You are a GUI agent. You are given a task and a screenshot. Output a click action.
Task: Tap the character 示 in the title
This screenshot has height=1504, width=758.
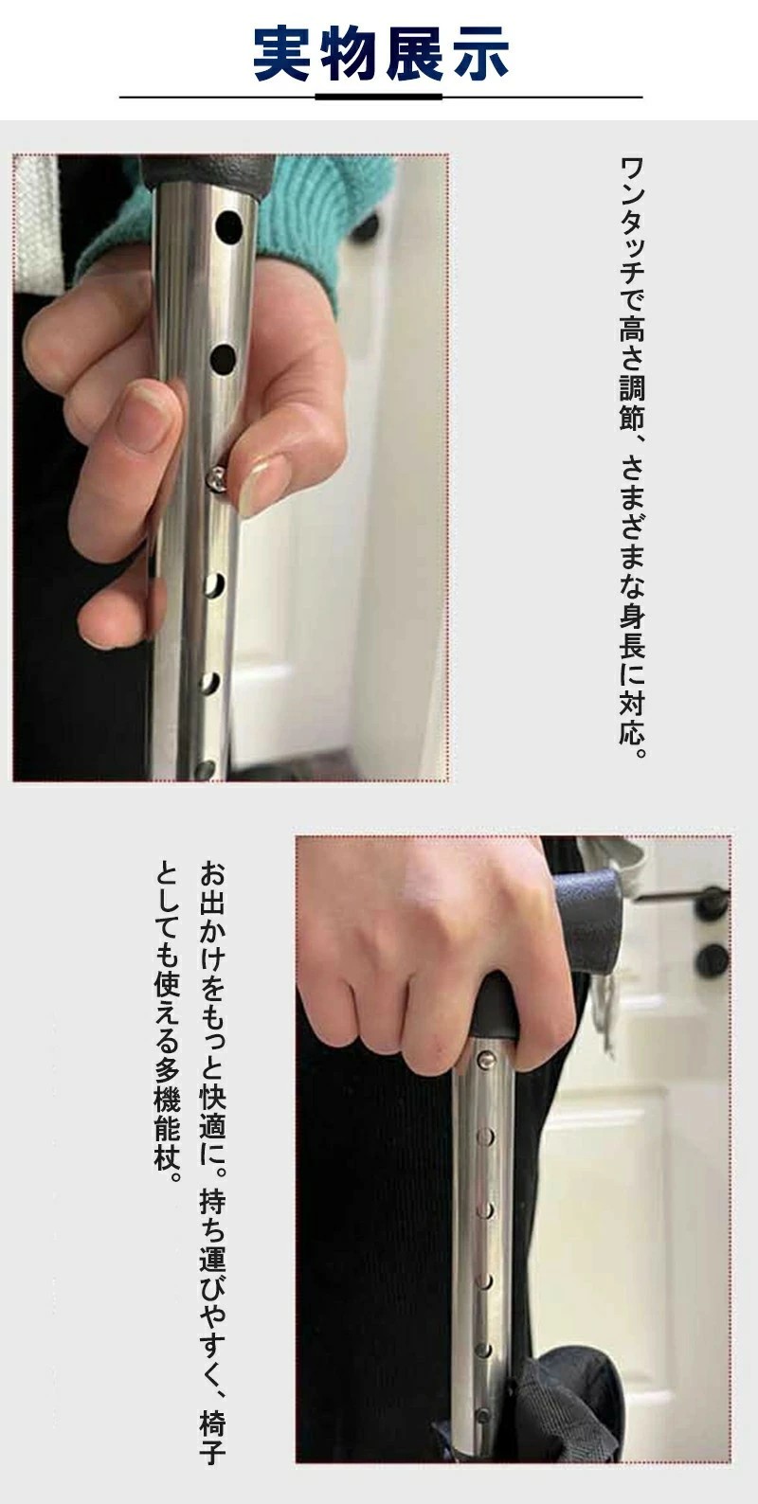(478, 55)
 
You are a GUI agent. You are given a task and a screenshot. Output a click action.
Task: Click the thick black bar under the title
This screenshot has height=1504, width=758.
(379, 98)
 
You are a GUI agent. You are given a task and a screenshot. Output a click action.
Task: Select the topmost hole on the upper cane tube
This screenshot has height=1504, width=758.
(229, 227)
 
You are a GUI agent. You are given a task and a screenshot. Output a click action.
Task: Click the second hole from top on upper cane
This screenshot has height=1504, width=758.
(223, 360)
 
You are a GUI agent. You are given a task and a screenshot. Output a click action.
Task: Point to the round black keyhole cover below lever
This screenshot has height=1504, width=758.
(711, 960)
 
